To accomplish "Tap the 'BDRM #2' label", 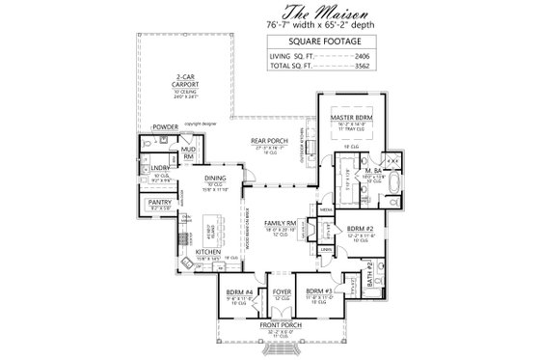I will click(360, 228).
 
